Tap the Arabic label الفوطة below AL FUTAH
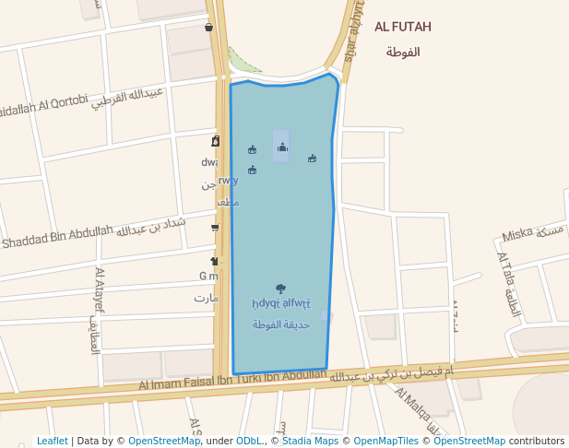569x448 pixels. pyautogui.click(x=403, y=52)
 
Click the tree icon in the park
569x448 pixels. pyautogui.click(x=280, y=289)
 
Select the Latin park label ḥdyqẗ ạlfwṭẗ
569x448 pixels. pyautogui.click(x=281, y=303)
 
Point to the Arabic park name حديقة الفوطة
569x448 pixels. pyautogui.click(x=281, y=324)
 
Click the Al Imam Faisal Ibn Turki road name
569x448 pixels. pyautogui.click(x=231, y=380)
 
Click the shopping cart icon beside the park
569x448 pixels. pyautogui.click(x=215, y=227)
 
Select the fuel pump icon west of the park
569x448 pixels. pyautogui.click(x=216, y=141)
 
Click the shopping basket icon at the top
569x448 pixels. pyautogui.click(x=209, y=27)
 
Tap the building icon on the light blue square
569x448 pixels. pyautogui.click(x=282, y=147)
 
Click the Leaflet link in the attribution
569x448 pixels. pyautogui.click(x=52, y=441)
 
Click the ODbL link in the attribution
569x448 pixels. pyautogui.click(x=249, y=441)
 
